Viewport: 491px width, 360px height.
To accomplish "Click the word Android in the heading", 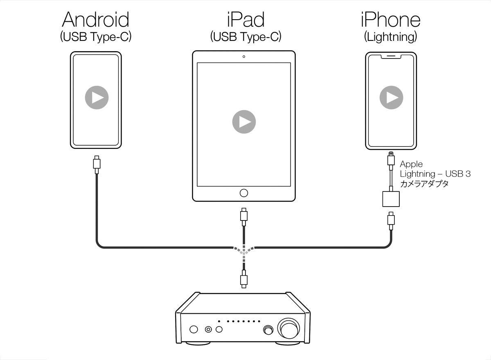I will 96,19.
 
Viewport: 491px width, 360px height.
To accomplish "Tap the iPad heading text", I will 245,19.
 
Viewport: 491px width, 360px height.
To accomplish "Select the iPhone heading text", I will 390,19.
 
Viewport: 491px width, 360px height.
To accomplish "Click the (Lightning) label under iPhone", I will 390,37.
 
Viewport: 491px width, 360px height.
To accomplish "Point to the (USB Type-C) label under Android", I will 96,37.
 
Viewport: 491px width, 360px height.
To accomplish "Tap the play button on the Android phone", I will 97,97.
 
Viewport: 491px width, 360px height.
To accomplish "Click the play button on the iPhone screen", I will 391,97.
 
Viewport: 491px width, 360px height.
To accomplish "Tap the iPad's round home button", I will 244,192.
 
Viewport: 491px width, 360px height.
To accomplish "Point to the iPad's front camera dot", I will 244,56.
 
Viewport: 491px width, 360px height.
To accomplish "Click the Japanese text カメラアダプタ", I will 424,184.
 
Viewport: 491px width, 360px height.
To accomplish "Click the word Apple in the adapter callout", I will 411,164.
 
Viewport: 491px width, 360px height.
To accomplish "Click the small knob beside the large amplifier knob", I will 269,329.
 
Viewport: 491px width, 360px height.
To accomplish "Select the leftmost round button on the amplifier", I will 194,330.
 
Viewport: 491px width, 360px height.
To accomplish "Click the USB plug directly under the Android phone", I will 97,163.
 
